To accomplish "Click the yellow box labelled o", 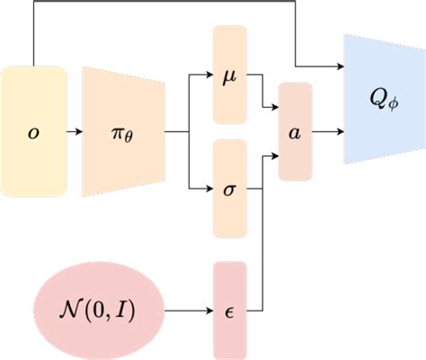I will tap(34, 131).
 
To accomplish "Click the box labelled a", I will tap(296, 131).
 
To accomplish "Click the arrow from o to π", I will tap(75, 131).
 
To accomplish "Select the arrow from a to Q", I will tap(327, 131).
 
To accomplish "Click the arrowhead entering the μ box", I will tap(209, 75).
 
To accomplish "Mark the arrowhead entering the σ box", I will tap(209, 189).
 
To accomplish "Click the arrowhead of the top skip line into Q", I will tap(339, 67).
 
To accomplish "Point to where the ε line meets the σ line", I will tap(262, 189).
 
